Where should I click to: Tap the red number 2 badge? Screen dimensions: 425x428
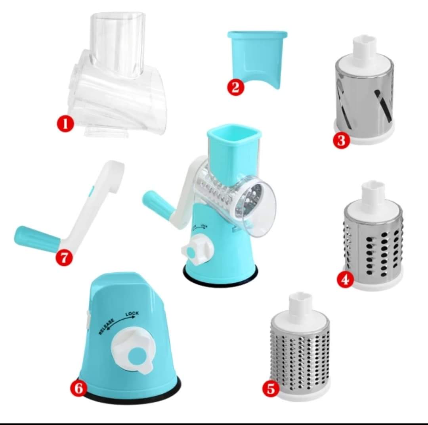(x=235, y=87)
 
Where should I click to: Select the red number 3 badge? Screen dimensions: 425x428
(x=342, y=140)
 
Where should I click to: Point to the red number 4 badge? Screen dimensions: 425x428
(x=345, y=280)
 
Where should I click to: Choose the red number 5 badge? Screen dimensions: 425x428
(x=271, y=389)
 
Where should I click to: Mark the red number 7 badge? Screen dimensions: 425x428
(x=64, y=258)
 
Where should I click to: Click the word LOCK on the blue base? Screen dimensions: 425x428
(x=132, y=314)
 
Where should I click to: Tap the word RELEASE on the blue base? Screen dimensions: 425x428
(x=107, y=326)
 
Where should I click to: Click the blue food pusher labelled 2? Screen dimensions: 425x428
(x=258, y=56)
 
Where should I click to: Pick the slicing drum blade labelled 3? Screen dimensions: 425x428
(x=365, y=95)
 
